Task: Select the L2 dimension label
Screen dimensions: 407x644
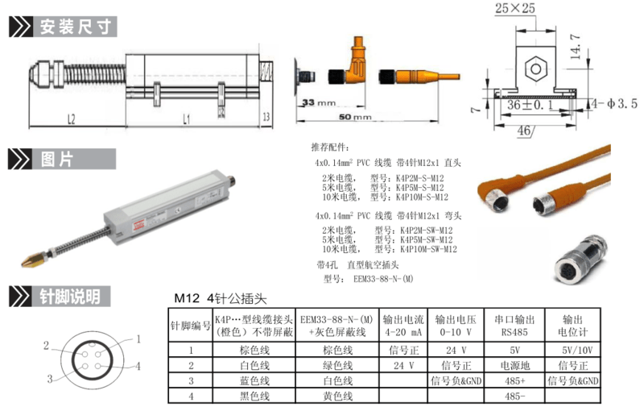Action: pos(71,118)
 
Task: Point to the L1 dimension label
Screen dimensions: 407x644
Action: pos(186,118)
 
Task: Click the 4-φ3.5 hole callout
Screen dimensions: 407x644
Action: pos(613,104)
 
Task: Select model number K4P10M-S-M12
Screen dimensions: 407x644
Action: pos(421,197)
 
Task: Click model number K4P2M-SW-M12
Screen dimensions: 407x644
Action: pos(426,230)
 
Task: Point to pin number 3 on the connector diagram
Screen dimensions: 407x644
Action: pos(48,379)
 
